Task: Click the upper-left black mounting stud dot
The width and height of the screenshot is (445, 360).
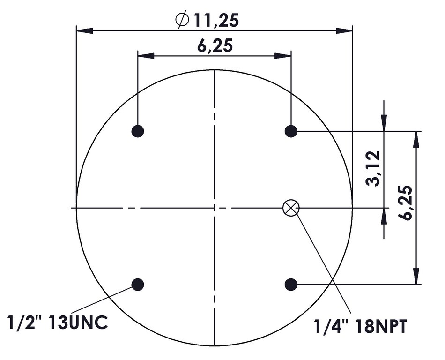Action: (138, 131)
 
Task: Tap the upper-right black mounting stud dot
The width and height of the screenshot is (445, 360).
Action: (291, 131)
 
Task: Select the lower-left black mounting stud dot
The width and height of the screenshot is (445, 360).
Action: (138, 284)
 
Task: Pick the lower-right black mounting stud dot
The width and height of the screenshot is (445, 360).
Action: (291, 284)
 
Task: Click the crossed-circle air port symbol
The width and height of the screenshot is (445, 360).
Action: (291, 208)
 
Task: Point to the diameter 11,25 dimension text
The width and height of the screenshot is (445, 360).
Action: (207, 20)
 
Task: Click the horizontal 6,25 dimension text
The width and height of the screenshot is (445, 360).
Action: (215, 45)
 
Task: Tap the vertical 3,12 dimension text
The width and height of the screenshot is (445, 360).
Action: (373, 168)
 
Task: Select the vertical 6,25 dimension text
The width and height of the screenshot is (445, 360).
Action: (405, 203)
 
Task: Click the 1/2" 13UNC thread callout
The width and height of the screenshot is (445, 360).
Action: (57, 322)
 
